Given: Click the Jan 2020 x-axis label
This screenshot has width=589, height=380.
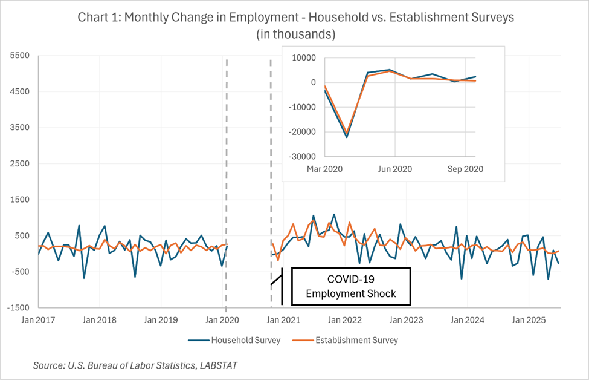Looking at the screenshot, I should coord(225,319).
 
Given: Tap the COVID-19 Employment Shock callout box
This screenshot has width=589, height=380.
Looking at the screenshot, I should coord(350,287).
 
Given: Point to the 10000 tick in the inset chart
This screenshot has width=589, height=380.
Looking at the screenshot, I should coord(305,58).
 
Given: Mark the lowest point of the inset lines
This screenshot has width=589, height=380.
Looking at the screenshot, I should coord(347,136).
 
